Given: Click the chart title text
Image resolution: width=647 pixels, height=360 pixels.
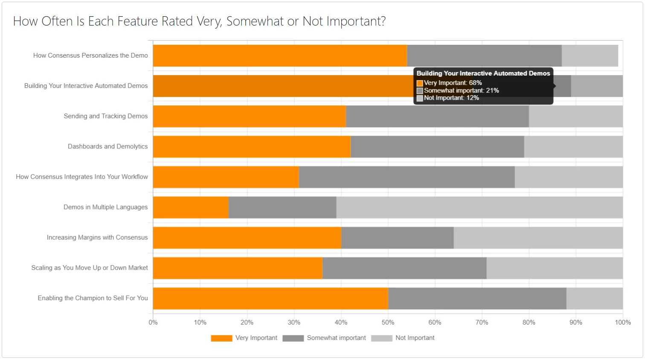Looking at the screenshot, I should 199,21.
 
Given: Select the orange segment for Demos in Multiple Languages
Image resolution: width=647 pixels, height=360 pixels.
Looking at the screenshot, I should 191,207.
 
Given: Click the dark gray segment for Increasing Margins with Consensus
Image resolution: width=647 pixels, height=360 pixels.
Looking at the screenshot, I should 397,238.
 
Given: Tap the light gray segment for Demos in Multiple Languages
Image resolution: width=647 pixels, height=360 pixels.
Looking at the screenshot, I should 479,207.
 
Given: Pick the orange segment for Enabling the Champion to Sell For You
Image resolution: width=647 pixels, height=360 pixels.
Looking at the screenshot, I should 270,298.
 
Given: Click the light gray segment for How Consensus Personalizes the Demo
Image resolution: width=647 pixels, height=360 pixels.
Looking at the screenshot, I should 589,55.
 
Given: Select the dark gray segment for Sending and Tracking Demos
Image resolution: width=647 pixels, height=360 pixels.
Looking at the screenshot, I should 437,116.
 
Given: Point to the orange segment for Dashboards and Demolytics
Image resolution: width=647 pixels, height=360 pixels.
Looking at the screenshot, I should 252,147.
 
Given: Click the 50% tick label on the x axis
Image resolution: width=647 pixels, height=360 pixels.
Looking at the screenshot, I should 388,322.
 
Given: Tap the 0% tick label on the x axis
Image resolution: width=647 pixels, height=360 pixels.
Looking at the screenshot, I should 153,322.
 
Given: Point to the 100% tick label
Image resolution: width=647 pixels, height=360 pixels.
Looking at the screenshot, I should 622,322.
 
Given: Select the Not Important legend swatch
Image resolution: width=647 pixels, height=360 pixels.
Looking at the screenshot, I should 381,338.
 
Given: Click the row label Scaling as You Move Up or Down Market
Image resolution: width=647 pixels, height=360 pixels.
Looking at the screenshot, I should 90,268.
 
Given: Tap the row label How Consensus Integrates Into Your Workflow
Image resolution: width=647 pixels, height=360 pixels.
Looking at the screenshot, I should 82,177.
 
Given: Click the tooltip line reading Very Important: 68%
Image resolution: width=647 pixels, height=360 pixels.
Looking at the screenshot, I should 453,83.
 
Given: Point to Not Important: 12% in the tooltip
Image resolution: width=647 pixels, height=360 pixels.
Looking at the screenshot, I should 451,98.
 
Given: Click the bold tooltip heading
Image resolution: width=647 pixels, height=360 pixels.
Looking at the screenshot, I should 483,73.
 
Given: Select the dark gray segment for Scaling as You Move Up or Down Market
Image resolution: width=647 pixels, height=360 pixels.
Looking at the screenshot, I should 404,268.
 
